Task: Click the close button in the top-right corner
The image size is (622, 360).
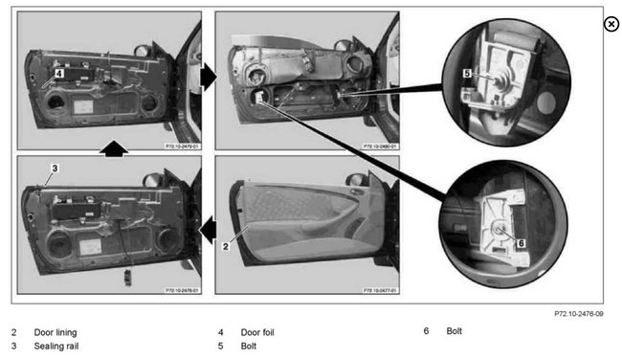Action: pos(611,24)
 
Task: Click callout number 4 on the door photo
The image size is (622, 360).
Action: pos(58,72)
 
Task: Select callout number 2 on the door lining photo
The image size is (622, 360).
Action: pos(224,246)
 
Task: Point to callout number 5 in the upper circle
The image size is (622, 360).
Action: pos(467,72)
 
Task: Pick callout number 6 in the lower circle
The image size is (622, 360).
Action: pos(521,243)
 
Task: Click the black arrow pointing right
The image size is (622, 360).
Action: pos(208,73)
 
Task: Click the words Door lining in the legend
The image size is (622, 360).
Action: pos(56,332)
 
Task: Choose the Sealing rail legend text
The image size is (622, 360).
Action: pos(56,346)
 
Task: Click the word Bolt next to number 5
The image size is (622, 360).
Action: pos(249,346)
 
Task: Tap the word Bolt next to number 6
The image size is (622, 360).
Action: pos(454,331)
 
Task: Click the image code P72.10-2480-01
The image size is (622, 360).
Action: pos(380,146)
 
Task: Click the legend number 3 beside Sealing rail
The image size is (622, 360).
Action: pos(13,346)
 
